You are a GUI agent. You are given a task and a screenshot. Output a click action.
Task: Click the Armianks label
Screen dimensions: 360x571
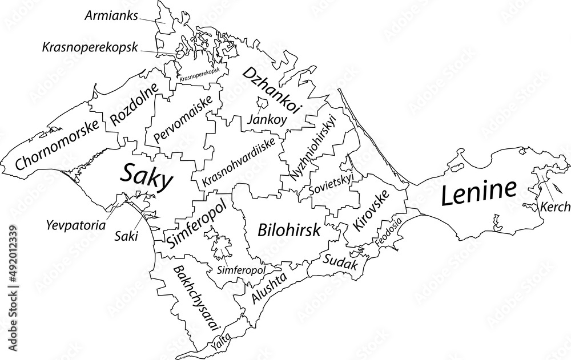tap(111, 15)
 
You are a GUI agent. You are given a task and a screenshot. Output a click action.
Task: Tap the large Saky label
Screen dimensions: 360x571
tap(146, 179)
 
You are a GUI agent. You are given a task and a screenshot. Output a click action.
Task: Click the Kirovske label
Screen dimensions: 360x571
tap(371, 209)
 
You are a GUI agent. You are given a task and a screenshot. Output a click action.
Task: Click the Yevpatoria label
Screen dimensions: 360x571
tap(75, 225)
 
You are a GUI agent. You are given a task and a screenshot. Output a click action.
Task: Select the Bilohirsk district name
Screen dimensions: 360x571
tap(289, 230)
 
